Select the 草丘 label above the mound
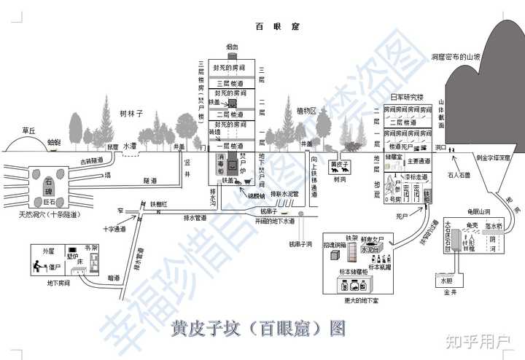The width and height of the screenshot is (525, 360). click(x=28, y=130)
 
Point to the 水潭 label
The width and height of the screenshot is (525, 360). click(x=129, y=146)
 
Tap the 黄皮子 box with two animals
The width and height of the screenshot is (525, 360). click(x=338, y=167)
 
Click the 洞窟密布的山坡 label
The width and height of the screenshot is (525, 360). click(x=456, y=55)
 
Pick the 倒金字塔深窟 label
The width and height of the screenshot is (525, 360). click(x=493, y=157)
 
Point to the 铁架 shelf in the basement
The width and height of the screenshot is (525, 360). click(x=352, y=238)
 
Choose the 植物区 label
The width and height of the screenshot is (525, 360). click(x=307, y=111)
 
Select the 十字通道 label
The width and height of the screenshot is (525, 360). click(x=114, y=229)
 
